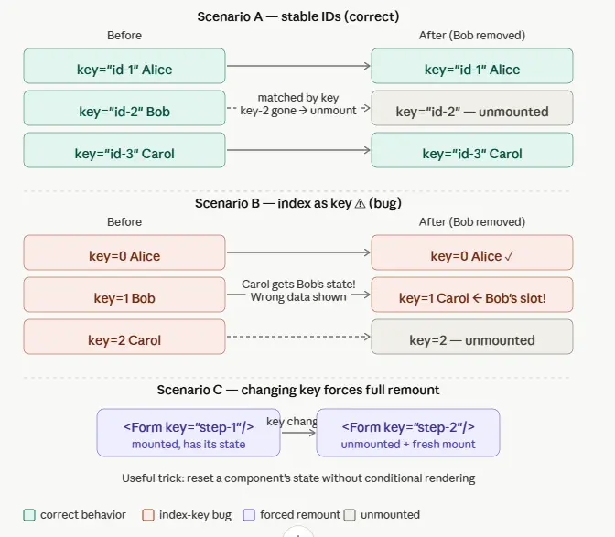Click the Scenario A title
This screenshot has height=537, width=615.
point(298,16)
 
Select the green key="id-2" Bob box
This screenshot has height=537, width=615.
point(124,108)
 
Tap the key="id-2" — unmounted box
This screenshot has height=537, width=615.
point(472,108)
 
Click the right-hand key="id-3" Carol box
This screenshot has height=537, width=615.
point(472,150)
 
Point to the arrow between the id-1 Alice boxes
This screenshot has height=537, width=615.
point(298,66)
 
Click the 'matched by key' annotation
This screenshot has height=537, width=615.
point(298,98)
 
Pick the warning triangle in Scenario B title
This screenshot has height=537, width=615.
point(360,203)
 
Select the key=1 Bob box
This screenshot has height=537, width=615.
point(124,295)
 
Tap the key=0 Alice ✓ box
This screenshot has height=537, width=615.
point(472,252)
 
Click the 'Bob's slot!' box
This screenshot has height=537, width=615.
point(472,295)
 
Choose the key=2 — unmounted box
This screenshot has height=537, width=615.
point(472,337)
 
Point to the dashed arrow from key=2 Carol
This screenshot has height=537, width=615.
point(298,337)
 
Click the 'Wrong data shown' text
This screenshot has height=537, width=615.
point(298,297)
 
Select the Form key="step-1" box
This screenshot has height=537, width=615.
point(189,433)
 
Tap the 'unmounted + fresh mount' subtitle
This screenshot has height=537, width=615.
point(408,445)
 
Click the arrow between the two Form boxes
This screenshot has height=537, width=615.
point(299,433)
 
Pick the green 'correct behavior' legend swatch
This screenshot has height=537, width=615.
point(29,515)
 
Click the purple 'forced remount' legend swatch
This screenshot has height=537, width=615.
point(249,515)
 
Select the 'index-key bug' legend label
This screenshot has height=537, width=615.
point(195,515)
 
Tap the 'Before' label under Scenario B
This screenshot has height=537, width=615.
point(124,222)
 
